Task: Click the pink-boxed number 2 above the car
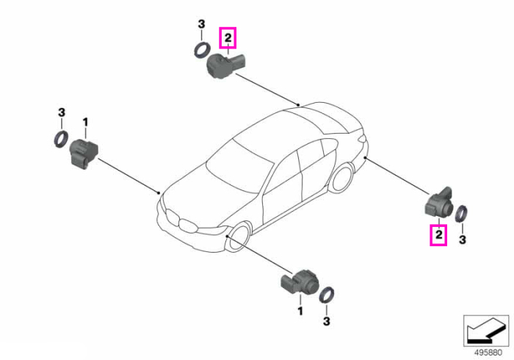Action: (228, 38)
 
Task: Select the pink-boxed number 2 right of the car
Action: (438, 235)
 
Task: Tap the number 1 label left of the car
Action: (85, 123)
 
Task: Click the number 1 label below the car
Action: (300, 311)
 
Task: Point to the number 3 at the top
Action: (201, 24)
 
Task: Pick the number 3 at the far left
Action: (61, 112)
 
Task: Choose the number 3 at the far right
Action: (462, 240)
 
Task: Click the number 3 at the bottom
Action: (326, 321)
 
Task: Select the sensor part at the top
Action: (226, 65)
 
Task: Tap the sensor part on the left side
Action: (84, 153)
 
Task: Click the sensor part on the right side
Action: (439, 203)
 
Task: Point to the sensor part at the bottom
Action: (299, 282)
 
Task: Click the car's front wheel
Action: (239, 236)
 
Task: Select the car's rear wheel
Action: (343, 179)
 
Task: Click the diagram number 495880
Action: (488, 353)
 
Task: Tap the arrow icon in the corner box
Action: (485, 331)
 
